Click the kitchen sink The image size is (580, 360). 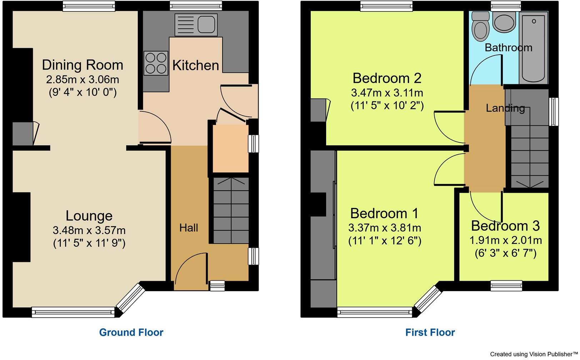[196, 25]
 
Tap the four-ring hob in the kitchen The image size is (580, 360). [156, 63]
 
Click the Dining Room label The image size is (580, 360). [82, 65]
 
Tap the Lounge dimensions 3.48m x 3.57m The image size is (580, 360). [89, 230]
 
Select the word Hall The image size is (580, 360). [189, 228]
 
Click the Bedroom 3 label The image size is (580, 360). [505, 226]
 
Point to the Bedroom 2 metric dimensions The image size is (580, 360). [387, 93]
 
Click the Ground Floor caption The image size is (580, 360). [131, 332]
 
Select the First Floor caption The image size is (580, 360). [430, 332]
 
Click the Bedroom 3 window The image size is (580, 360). [506, 285]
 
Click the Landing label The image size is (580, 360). [505, 108]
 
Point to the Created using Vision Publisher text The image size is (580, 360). [534, 354]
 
